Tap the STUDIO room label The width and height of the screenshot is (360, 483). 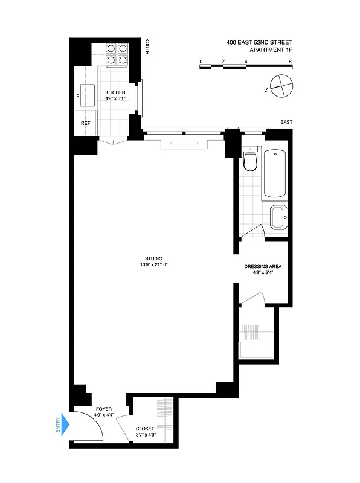[x=154, y=259]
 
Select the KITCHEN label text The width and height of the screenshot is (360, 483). [x=115, y=92]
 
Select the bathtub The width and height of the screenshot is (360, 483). [x=275, y=174]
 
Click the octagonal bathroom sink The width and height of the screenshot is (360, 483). [x=279, y=217]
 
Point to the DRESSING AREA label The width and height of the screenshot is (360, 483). [x=263, y=266]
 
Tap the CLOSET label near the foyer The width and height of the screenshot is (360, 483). [x=145, y=429]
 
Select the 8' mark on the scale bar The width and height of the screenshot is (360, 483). [x=291, y=62]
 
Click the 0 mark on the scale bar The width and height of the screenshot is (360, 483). [x=201, y=62]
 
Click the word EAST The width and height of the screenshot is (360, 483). [x=286, y=123]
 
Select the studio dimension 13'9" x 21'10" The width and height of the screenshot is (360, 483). [x=154, y=265]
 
